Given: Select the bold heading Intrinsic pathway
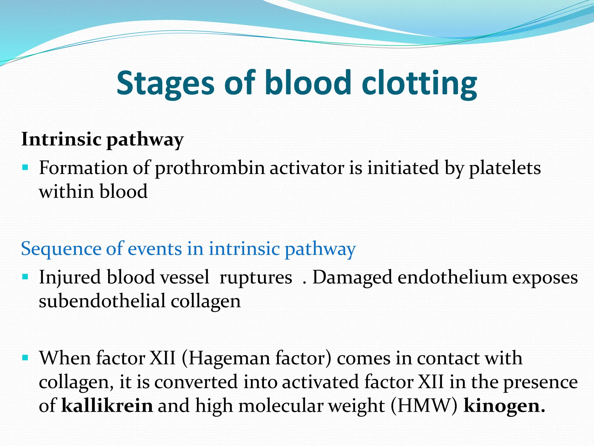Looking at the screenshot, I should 102,139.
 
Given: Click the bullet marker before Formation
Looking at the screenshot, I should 25,168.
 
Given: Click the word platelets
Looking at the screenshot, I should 505,168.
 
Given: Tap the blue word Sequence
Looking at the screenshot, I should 61,249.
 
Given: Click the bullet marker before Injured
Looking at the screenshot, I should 25,276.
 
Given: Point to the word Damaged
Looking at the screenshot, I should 352,278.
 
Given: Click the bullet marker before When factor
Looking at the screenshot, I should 25,357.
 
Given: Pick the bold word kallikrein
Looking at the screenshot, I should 107,406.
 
